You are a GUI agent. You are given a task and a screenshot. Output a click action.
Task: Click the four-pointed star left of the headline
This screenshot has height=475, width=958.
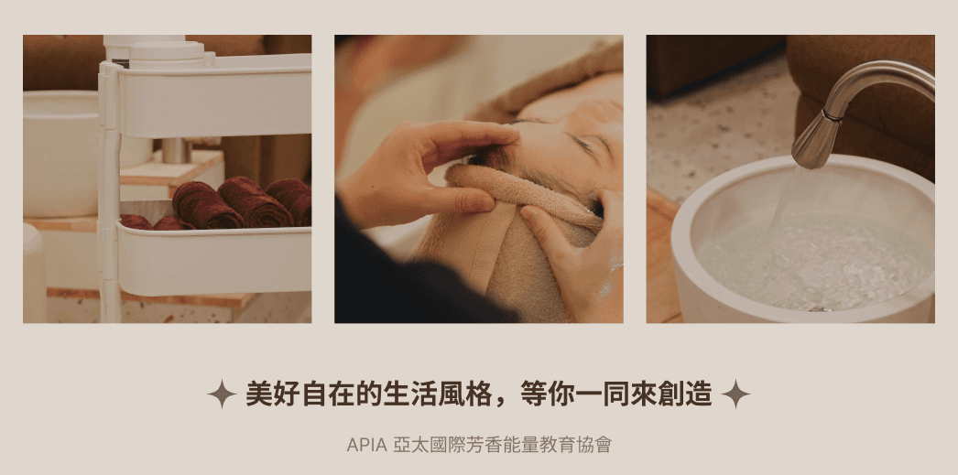point(222,394)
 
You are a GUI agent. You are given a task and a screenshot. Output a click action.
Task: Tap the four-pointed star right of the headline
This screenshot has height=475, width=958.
point(735,394)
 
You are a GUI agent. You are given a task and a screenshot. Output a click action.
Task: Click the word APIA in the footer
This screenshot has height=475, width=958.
point(366,445)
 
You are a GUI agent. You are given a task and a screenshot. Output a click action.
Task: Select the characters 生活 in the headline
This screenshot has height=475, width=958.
point(397,394)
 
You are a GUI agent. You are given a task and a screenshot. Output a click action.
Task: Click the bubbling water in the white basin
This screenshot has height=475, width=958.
point(812,263)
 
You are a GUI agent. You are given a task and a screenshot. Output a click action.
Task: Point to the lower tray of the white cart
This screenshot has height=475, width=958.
point(213,260)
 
